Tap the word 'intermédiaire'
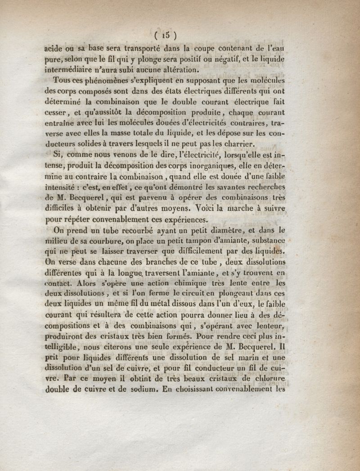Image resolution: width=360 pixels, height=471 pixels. [72, 70]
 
